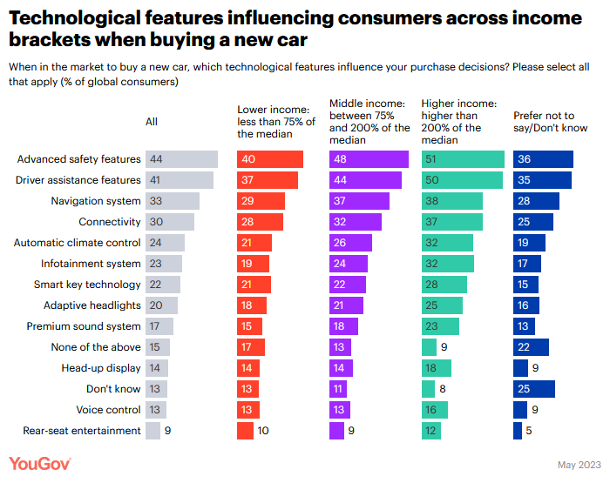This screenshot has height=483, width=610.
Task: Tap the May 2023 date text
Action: [x=578, y=465]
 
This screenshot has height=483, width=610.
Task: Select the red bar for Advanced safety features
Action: [x=270, y=159]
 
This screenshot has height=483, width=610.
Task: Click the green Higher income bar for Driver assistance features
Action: [x=462, y=180]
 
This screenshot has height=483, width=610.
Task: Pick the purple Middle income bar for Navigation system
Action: [x=359, y=201]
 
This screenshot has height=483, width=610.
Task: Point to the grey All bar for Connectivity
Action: [x=170, y=222]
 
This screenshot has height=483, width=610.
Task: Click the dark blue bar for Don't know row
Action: [x=534, y=389]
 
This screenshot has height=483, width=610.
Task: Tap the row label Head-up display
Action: [x=100, y=368]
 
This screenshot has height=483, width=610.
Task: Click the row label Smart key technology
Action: [x=87, y=285]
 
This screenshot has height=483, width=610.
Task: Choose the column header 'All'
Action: [x=152, y=122]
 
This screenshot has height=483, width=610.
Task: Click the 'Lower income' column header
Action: [x=275, y=122]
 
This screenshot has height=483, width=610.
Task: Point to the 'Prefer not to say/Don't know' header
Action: [x=550, y=122]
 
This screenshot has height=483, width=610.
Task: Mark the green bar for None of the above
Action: [x=427, y=347]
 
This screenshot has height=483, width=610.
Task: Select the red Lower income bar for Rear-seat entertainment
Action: [x=246, y=431]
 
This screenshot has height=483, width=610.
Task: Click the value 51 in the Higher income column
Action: [x=430, y=159]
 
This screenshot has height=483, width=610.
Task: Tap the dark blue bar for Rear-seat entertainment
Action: [x=518, y=431]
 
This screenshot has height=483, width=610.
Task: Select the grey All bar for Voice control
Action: [x=156, y=410]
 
